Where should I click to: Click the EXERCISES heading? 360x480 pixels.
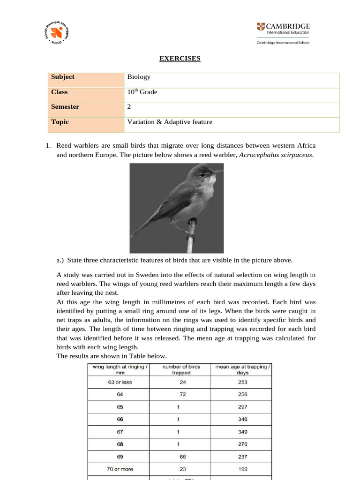pyautogui.click(x=180, y=59)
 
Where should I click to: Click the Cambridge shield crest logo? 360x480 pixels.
pyautogui.click(x=260, y=27)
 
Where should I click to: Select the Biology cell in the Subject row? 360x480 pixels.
pyautogui.click(x=139, y=77)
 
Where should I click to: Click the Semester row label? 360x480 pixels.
pyautogui.click(x=65, y=107)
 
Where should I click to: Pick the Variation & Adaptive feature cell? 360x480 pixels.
pyautogui.click(x=170, y=122)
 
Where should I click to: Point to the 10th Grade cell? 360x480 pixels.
pyautogui.click(x=142, y=92)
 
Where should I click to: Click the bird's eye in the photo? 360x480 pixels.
pyautogui.click(x=202, y=174)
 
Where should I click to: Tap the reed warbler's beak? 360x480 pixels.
pyautogui.click(x=217, y=172)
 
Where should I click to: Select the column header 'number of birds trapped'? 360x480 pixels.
pyautogui.click(x=181, y=369)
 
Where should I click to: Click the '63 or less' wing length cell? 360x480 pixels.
pyautogui.click(x=120, y=382)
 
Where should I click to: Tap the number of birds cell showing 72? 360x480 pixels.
pyautogui.click(x=181, y=395)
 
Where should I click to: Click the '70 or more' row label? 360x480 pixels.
pyautogui.click(x=120, y=469)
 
